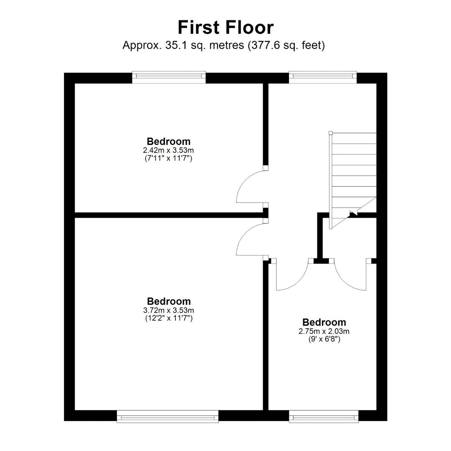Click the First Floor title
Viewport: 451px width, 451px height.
226,28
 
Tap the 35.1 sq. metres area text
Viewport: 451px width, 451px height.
205,45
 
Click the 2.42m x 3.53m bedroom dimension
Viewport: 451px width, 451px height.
169,150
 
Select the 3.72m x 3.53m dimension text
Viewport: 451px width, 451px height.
169,310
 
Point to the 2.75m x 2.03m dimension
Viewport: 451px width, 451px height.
324,331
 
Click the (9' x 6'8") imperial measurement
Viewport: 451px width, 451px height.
324,339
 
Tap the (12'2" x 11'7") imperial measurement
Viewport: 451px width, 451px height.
169,318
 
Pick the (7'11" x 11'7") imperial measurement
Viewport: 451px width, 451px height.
169,158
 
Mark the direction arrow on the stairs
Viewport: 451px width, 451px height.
354,213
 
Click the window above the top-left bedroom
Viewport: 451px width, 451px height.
169,77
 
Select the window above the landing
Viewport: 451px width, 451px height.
323,77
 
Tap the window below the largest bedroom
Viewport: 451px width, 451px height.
168,416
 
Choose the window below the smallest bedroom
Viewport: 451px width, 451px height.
324,416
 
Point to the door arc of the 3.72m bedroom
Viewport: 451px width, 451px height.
243,233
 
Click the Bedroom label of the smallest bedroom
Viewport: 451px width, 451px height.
324,322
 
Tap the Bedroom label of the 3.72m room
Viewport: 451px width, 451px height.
169,301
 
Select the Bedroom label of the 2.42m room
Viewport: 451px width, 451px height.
169,141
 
